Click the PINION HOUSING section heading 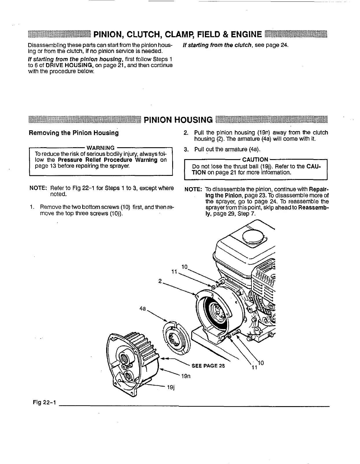178,120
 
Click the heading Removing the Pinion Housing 74,133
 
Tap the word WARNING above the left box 100,148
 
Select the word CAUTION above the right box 255,160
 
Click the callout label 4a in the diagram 142,309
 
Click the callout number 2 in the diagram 160,281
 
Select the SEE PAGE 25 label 208,366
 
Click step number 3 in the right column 186,150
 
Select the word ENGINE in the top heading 245,35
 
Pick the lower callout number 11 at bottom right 254,368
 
